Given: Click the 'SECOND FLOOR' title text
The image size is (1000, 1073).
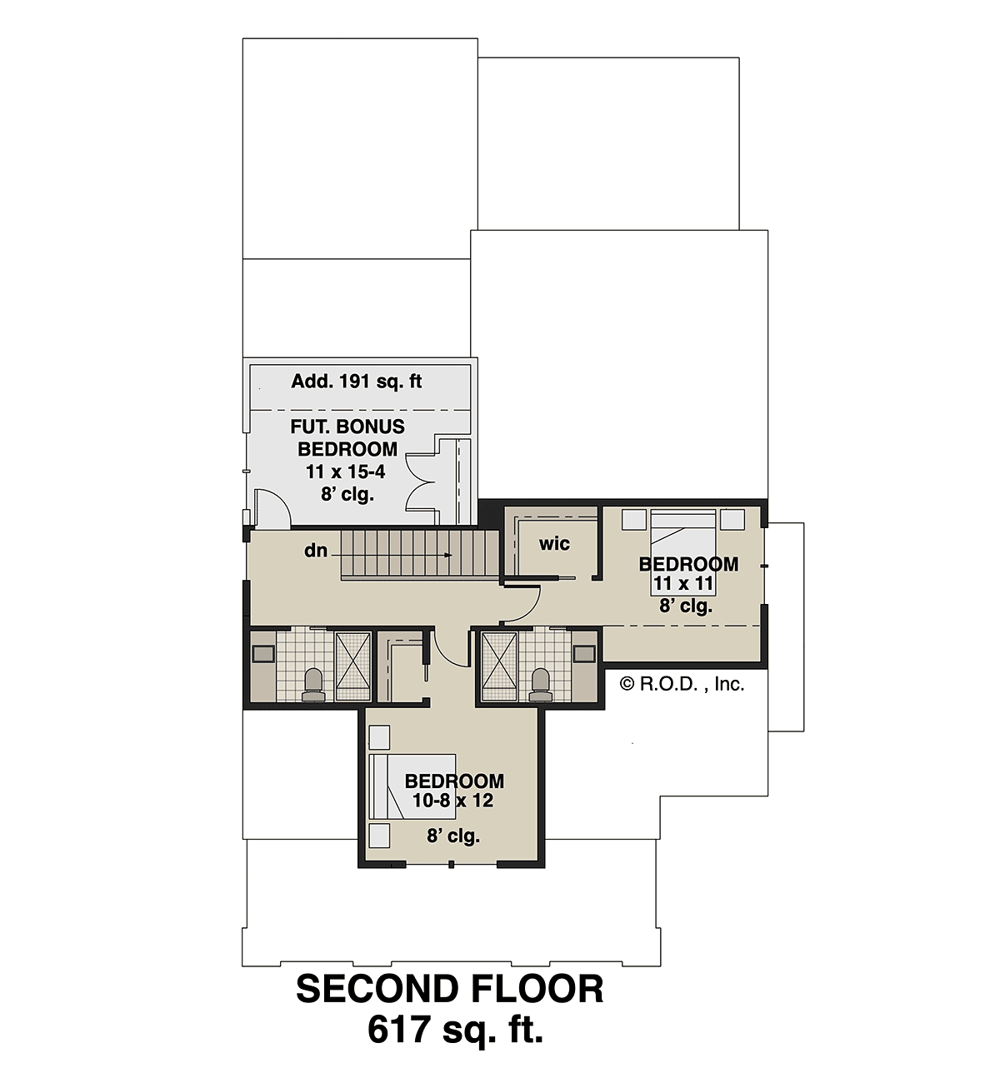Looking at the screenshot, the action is pyautogui.click(x=449, y=990).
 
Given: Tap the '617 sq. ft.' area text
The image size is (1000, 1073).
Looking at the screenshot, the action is pyautogui.click(x=455, y=1031).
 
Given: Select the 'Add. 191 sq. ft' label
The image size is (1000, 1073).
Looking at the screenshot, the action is pyautogui.click(x=356, y=382).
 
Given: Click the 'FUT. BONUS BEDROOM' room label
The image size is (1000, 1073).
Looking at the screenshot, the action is pyautogui.click(x=347, y=438).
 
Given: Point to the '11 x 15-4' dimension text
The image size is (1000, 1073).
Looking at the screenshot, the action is pyautogui.click(x=346, y=472).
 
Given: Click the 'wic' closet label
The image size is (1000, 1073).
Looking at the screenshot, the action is pyautogui.click(x=554, y=543).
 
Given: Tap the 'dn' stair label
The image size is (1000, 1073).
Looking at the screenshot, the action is pyautogui.click(x=316, y=551).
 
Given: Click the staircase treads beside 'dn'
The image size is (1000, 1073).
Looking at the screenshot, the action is pyautogui.click(x=419, y=555).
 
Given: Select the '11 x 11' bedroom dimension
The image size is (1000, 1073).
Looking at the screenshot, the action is pyautogui.click(x=683, y=583).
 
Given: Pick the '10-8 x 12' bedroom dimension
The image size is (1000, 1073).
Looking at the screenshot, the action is pyautogui.click(x=453, y=801).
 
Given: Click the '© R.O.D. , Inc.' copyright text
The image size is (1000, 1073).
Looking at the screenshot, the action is pyautogui.click(x=682, y=685).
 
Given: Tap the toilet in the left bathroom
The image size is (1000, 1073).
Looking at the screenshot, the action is pyautogui.click(x=313, y=686).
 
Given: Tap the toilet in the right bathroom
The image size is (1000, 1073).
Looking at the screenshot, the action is pyautogui.click(x=539, y=686).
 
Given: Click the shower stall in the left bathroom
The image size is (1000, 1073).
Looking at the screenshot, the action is pyautogui.click(x=352, y=666).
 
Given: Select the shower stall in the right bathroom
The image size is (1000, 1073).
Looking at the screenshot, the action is pyautogui.click(x=499, y=666).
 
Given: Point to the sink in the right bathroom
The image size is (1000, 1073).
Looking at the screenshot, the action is pyautogui.click(x=584, y=654).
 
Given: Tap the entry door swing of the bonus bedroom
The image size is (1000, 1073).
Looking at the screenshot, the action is pyautogui.click(x=273, y=507).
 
